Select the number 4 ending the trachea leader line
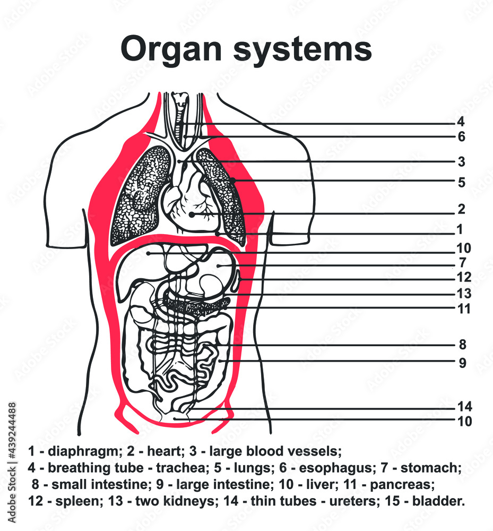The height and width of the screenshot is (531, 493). (461, 122)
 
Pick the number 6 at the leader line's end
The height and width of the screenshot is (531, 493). (461, 137)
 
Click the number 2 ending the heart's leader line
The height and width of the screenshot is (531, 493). (461, 209)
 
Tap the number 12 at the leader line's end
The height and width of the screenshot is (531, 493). (463, 277)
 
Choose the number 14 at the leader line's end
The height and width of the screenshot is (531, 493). (464, 407)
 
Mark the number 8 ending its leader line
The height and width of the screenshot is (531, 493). (462, 345)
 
